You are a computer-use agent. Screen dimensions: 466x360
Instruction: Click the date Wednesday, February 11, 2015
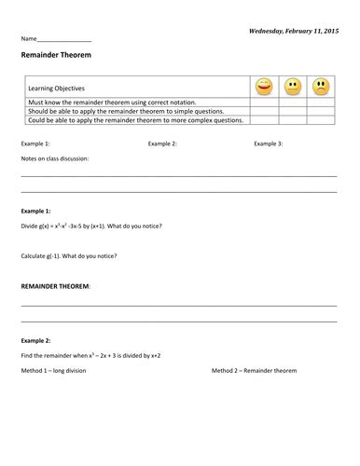click(293, 31)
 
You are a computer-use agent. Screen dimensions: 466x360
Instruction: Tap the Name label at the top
click(29, 39)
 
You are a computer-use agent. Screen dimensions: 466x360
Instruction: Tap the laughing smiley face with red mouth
click(264, 87)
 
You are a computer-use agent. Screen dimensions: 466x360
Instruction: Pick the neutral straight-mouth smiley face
click(292, 87)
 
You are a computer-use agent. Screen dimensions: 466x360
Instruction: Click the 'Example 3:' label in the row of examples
click(269, 144)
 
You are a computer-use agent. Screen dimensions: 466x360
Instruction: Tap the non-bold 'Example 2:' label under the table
click(163, 144)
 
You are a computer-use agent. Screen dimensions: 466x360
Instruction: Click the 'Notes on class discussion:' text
click(55, 158)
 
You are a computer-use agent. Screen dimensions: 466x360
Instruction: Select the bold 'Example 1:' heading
click(35, 212)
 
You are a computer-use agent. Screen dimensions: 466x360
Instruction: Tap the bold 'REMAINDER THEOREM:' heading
click(56, 286)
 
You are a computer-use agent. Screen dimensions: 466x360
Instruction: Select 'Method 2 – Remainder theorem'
click(254, 371)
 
